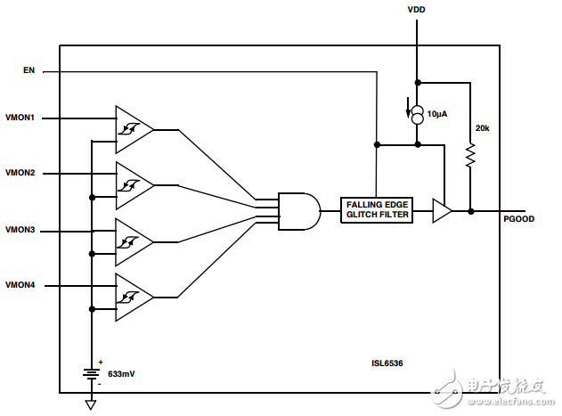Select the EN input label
coord(29,69)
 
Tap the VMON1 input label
coord(20,118)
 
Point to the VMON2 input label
coord(20,173)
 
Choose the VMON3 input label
coord(20,231)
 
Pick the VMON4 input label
coord(20,285)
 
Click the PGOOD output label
coord(517,218)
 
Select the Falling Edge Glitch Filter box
coord(377,210)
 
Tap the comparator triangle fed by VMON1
coord(132,130)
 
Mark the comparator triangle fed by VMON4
coord(132,297)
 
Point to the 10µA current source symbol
coord(416,114)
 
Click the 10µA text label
coord(437,114)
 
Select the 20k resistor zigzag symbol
coord(470,157)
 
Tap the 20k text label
coord(482,128)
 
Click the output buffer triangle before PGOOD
coord(442,211)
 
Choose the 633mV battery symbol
coord(91,371)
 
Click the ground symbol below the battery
coord(91,404)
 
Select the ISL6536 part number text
coord(387,363)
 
